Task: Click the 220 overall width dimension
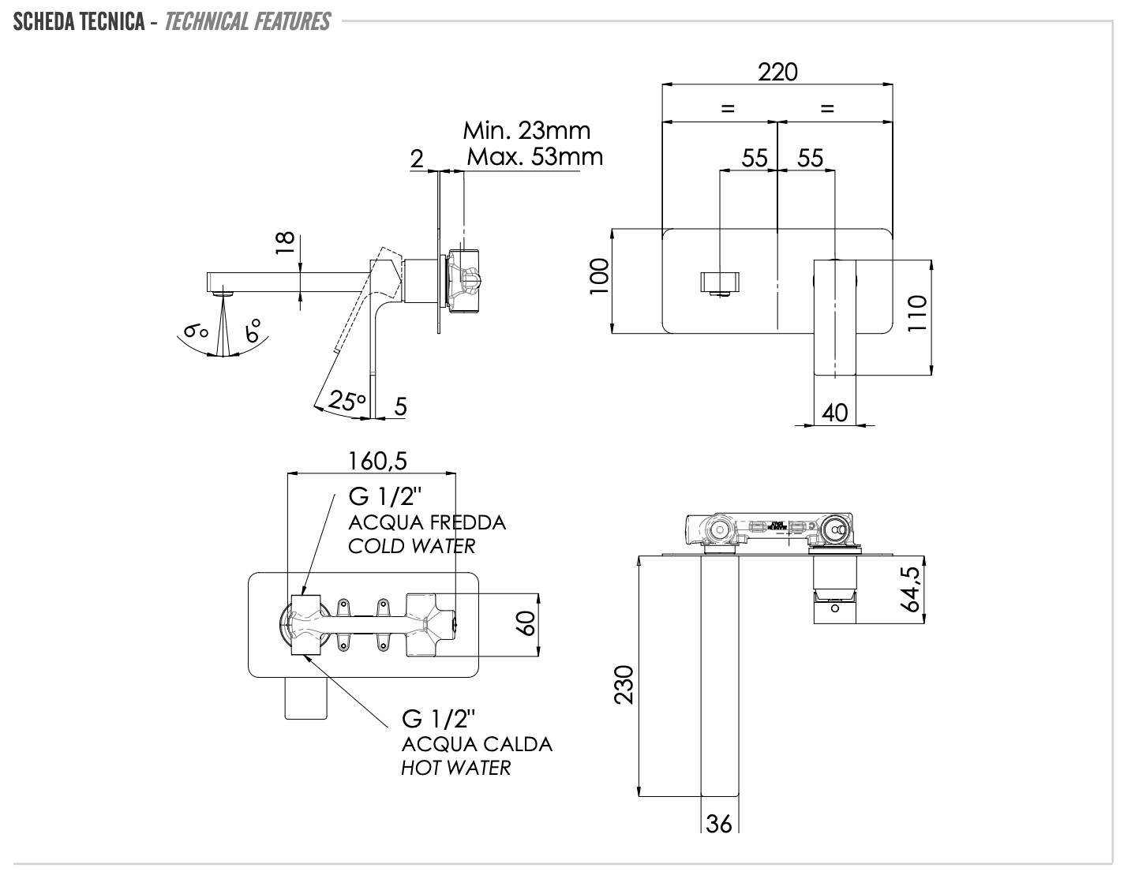click(777, 72)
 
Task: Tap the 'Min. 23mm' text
click(526, 129)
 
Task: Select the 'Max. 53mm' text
click(534, 156)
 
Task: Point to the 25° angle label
click(347, 400)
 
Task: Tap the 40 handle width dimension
click(834, 412)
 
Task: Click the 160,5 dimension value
click(379, 460)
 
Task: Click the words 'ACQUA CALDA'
click(477, 744)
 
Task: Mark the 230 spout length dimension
click(624, 684)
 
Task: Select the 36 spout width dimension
click(718, 824)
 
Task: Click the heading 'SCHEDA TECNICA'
click(78, 21)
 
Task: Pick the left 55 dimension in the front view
click(755, 158)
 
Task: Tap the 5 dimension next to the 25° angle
click(400, 406)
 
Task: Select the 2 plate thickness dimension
click(417, 158)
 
